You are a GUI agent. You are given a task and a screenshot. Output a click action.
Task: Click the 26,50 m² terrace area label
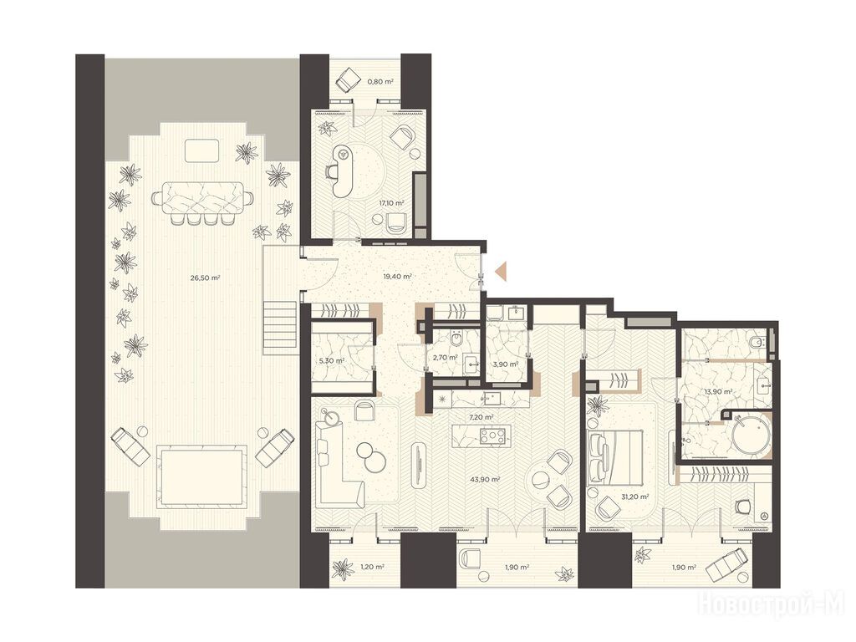coord(205,278)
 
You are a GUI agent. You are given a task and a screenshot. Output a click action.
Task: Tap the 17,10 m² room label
coord(392,202)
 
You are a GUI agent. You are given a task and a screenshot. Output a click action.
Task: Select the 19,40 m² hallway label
coord(397,276)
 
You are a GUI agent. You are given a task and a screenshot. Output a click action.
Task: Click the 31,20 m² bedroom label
coord(635,497)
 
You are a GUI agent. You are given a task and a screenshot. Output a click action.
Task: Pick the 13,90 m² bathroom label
coord(718,391)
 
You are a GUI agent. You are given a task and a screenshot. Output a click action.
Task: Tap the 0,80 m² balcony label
coord(380,82)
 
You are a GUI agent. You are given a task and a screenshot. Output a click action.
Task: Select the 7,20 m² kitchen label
coord(481,417)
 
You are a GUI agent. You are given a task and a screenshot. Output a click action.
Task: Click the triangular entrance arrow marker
coord(502,271)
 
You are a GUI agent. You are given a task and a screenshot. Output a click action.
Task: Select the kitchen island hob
coord(492,436)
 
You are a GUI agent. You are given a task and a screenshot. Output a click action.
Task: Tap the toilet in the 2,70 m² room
coord(457,340)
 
